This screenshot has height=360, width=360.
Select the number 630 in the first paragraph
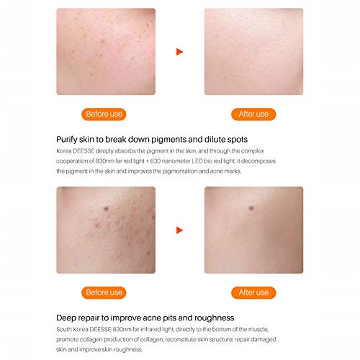click(x=156, y=161)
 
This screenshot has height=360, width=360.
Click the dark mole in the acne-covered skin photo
click(x=106, y=208)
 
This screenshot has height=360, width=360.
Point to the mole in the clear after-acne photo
click(x=251, y=208)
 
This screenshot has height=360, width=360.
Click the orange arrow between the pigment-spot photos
click(x=179, y=52)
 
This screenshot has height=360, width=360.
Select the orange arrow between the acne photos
click(x=179, y=230)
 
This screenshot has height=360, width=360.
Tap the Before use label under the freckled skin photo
click(x=104, y=114)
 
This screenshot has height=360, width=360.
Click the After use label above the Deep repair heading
click(x=253, y=293)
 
